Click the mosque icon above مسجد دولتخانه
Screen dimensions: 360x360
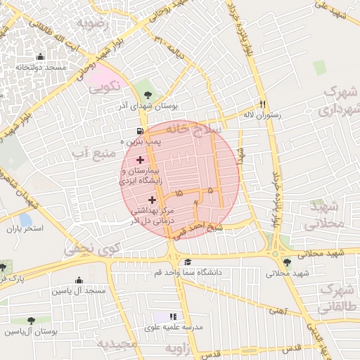[x=40, y=57]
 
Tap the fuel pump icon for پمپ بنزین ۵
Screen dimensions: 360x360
[x=141, y=131]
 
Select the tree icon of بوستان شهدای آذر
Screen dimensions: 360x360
[x=147, y=94]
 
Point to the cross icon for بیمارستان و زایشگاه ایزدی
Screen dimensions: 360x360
[x=140, y=160]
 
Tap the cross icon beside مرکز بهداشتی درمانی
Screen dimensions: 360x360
[x=152, y=200]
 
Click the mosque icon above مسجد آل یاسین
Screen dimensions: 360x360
[x=77, y=280]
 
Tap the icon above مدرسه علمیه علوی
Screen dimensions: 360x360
[x=174, y=316]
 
